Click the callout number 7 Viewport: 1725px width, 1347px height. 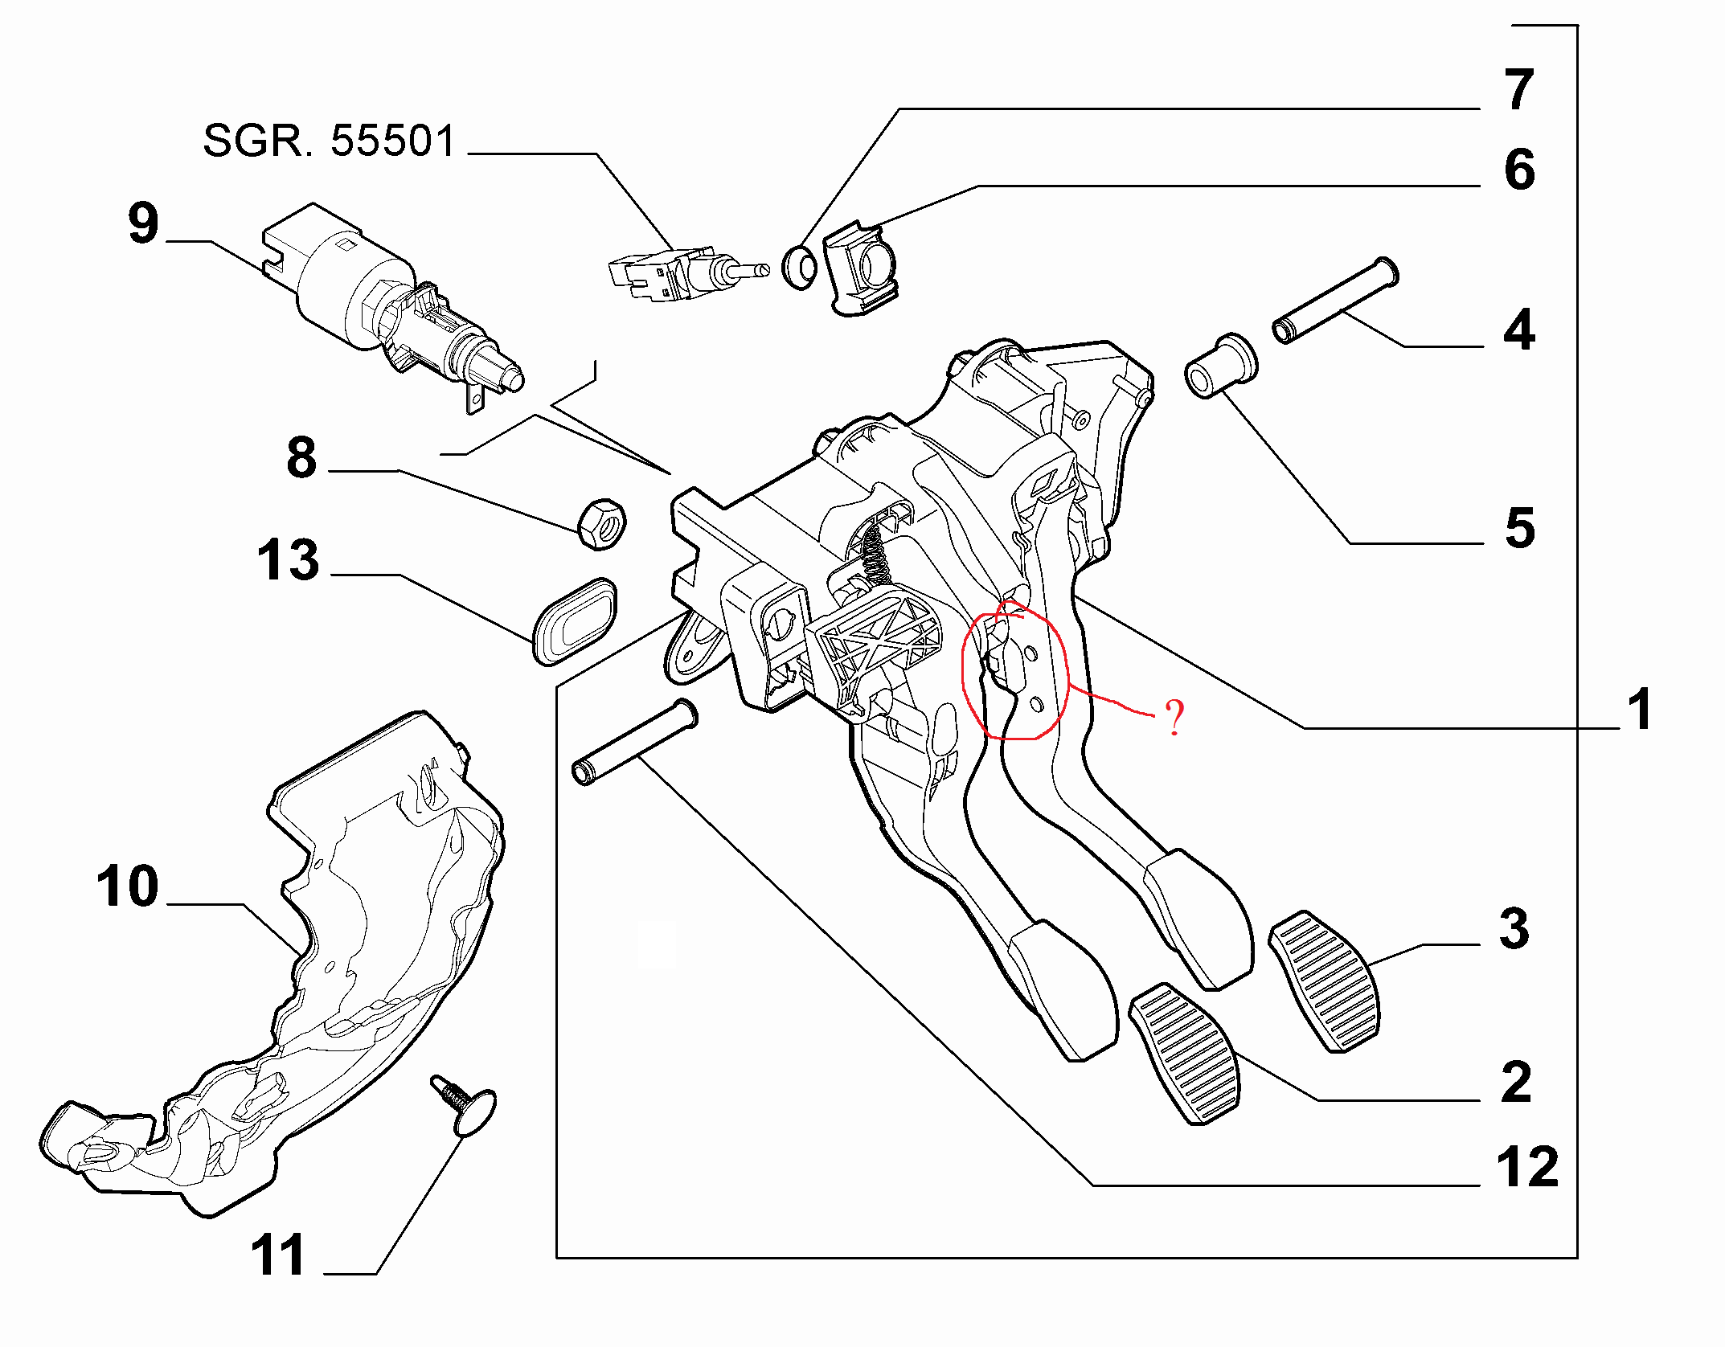tap(1518, 89)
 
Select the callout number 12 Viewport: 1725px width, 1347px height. tap(1526, 1166)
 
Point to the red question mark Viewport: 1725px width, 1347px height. tap(1174, 718)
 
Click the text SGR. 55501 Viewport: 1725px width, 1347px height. tap(329, 141)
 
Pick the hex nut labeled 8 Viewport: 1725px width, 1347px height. tap(601, 524)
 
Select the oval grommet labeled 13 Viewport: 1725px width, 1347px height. tap(575, 622)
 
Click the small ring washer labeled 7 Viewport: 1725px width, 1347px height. tap(800, 268)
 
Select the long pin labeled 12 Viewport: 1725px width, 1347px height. tap(634, 743)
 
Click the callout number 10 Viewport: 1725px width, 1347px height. tap(127, 886)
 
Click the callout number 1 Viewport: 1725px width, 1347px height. tap(1639, 710)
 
